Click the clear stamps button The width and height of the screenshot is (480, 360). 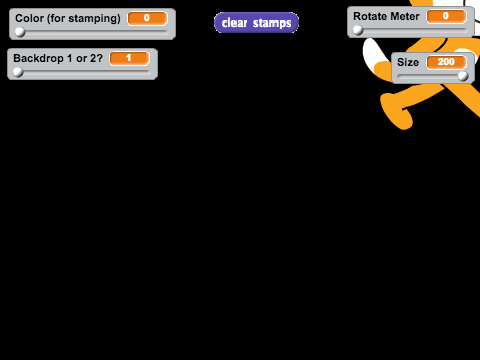tap(256, 23)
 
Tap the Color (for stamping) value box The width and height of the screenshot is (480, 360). tap(147, 18)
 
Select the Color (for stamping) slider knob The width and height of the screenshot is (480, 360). tap(20, 32)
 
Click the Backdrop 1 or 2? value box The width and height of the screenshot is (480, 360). tap(129, 58)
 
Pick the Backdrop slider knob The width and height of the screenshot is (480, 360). tap(18, 72)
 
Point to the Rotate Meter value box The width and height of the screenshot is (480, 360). tap(446, 16)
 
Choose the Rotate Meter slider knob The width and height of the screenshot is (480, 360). tap(358, 30)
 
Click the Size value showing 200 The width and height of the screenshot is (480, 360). tap(446, 62)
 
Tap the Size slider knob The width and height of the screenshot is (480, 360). tap(463, 76)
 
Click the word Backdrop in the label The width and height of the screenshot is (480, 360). tap(38, 58)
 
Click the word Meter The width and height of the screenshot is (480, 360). tap(404, 16)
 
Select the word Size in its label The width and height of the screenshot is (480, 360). tap(408, 62)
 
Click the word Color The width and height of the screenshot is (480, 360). tap(29, 18)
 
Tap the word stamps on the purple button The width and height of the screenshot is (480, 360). tap(272, 23)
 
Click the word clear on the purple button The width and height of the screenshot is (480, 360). tap(235, 23)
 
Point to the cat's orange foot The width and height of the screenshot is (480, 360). tap(397, 112)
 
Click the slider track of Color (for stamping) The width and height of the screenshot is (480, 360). tap(92, 32)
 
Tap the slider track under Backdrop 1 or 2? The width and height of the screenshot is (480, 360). tap(83, 72)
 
